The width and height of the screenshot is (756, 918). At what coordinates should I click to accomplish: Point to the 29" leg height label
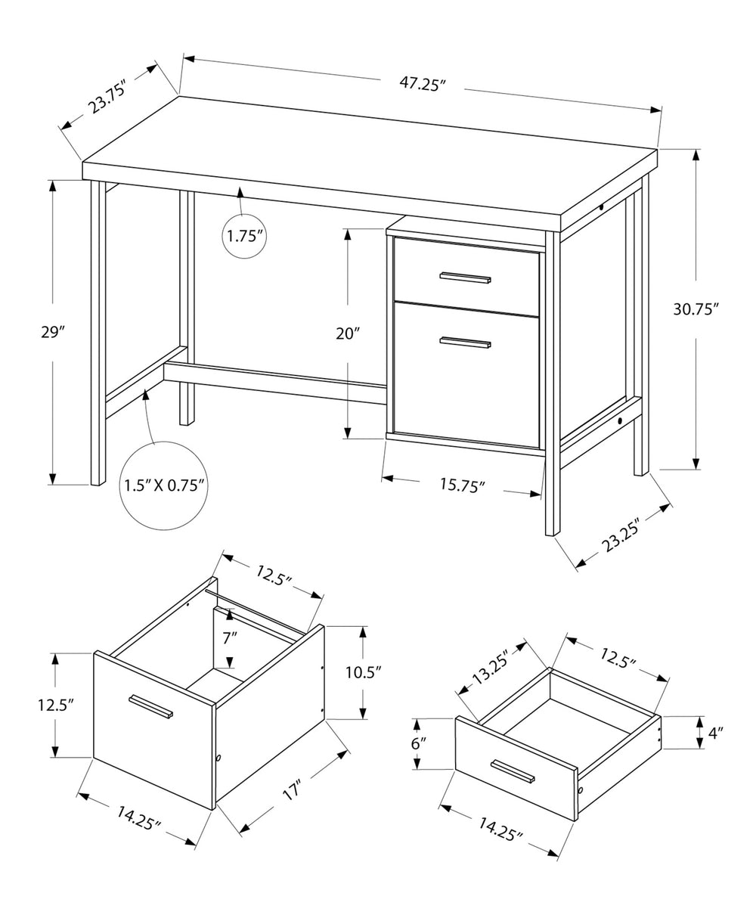pos(53,332)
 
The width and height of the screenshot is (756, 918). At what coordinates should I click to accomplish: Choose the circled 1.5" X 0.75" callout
pos(163,485)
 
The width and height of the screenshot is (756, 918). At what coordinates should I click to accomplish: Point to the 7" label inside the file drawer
pos(230,637)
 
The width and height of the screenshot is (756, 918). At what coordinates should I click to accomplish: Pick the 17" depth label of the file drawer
pos(292,792)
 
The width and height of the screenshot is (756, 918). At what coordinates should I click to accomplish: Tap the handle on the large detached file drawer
pos(151,706)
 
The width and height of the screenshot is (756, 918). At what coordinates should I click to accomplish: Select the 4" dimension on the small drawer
pos(715,731)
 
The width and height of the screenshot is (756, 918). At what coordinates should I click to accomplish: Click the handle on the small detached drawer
pos(512,771)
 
